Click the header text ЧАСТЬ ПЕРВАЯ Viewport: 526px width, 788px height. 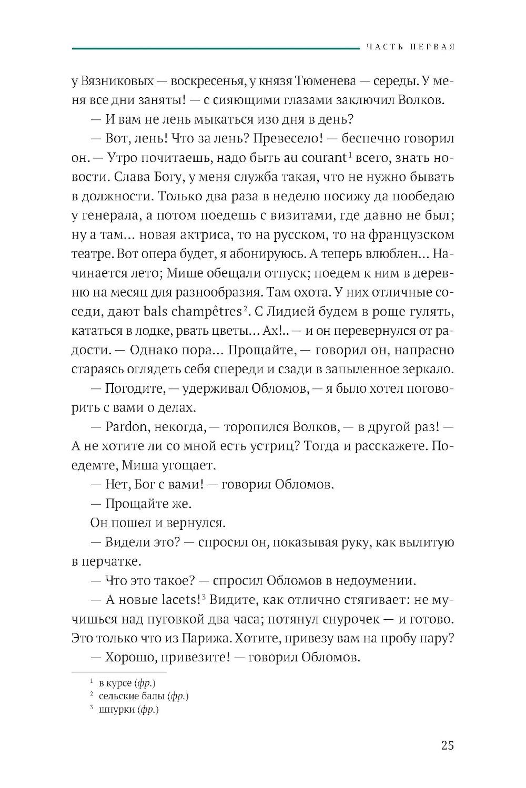tap(409, 47)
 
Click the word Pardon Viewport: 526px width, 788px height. tap(128, 427)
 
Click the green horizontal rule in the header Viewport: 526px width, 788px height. tap(213, 48)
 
